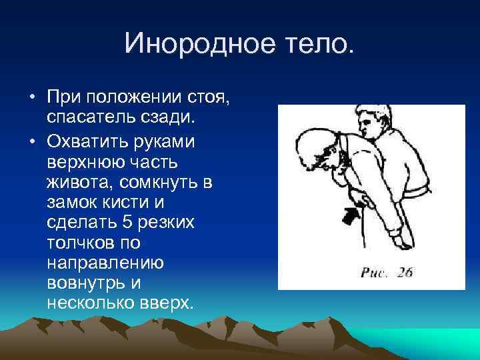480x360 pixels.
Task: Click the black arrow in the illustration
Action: [x=352, y=215]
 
